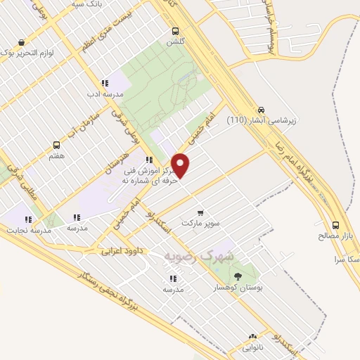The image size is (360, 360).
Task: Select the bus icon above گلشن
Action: (x=174, y=31)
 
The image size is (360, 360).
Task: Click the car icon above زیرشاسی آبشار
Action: (x=261, y=109)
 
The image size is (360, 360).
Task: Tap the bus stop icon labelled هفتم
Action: (x=56, y=145)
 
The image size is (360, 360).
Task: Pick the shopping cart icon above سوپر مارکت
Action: (x=200, y=212)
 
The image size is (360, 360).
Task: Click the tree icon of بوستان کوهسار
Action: (x=237, y=276)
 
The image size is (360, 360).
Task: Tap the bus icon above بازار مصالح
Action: (x=335, y=225)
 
